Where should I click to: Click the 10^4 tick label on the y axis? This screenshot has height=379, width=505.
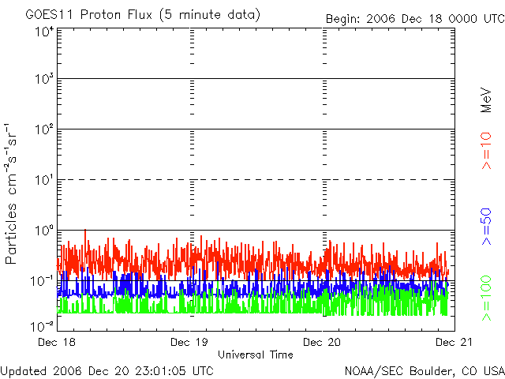[x=43, y=32]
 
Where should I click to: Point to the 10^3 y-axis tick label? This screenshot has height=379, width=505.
[x=43, y=79]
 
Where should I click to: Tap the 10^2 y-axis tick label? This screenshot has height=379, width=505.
[x=43, y=129]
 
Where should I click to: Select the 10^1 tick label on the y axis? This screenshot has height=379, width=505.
[x=43, y=180]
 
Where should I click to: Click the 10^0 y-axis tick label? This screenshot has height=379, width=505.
[x=43, y=231]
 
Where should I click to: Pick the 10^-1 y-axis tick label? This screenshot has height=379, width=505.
[x=43, y=281]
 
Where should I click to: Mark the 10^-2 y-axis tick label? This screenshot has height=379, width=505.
[x=43, y=325]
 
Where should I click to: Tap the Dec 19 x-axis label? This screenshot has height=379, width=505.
[x=189, y=343]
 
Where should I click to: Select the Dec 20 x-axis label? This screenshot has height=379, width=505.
[x=322, y=343]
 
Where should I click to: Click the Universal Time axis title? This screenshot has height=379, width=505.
[x=255, y=355]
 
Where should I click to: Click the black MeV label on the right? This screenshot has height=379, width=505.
[x=486, y=98]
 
